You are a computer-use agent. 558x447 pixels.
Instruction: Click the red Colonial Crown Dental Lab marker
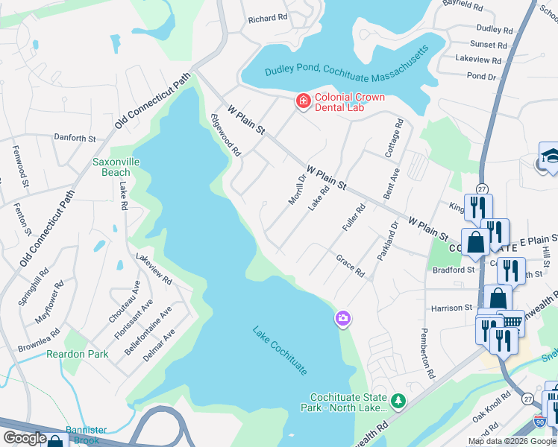click(303, 101)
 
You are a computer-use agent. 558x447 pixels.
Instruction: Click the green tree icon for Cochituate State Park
click(398, 402)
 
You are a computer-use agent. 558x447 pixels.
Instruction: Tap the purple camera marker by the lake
click(343, 319)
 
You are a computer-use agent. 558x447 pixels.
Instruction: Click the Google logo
click(25, 438)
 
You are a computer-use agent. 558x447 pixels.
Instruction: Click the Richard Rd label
click(267, 18)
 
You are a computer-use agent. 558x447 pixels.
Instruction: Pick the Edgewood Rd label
click(225, 135)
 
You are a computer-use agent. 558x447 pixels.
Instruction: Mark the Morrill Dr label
click(298, 190)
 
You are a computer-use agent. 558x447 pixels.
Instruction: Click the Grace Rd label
click(350, 267)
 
